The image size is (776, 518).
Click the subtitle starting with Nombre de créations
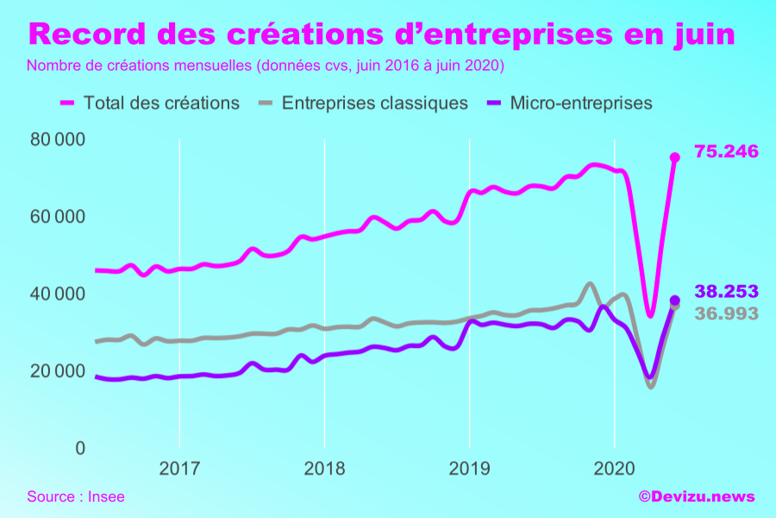click(x=266, y=66)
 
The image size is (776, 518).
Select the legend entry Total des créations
click(x=161, y=103)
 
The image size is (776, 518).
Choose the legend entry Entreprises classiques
click(x=374, y=103)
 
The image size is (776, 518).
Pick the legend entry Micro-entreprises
click(x=581, y=103)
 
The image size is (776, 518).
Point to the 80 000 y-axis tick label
click(x=58, y=139)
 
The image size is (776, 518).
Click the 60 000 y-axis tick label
click(x=58, y=217)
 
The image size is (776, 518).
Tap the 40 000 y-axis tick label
click(x=58, y=294)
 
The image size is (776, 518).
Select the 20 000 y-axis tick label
click(x=58, y=371)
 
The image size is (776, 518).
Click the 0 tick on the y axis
click(x=79, y=449)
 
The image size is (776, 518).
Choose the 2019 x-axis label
click(x=468, y=470)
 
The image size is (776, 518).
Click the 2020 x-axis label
click(x=613, y=470)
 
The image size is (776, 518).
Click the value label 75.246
click(x=726, y=152)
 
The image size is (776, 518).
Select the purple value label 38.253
click(x=726, y=292)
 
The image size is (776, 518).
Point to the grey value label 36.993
click(x=726, y=313)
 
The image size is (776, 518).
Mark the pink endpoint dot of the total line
click(x=675, y=157)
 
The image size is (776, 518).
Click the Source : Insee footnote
click(x=76, y=496)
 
